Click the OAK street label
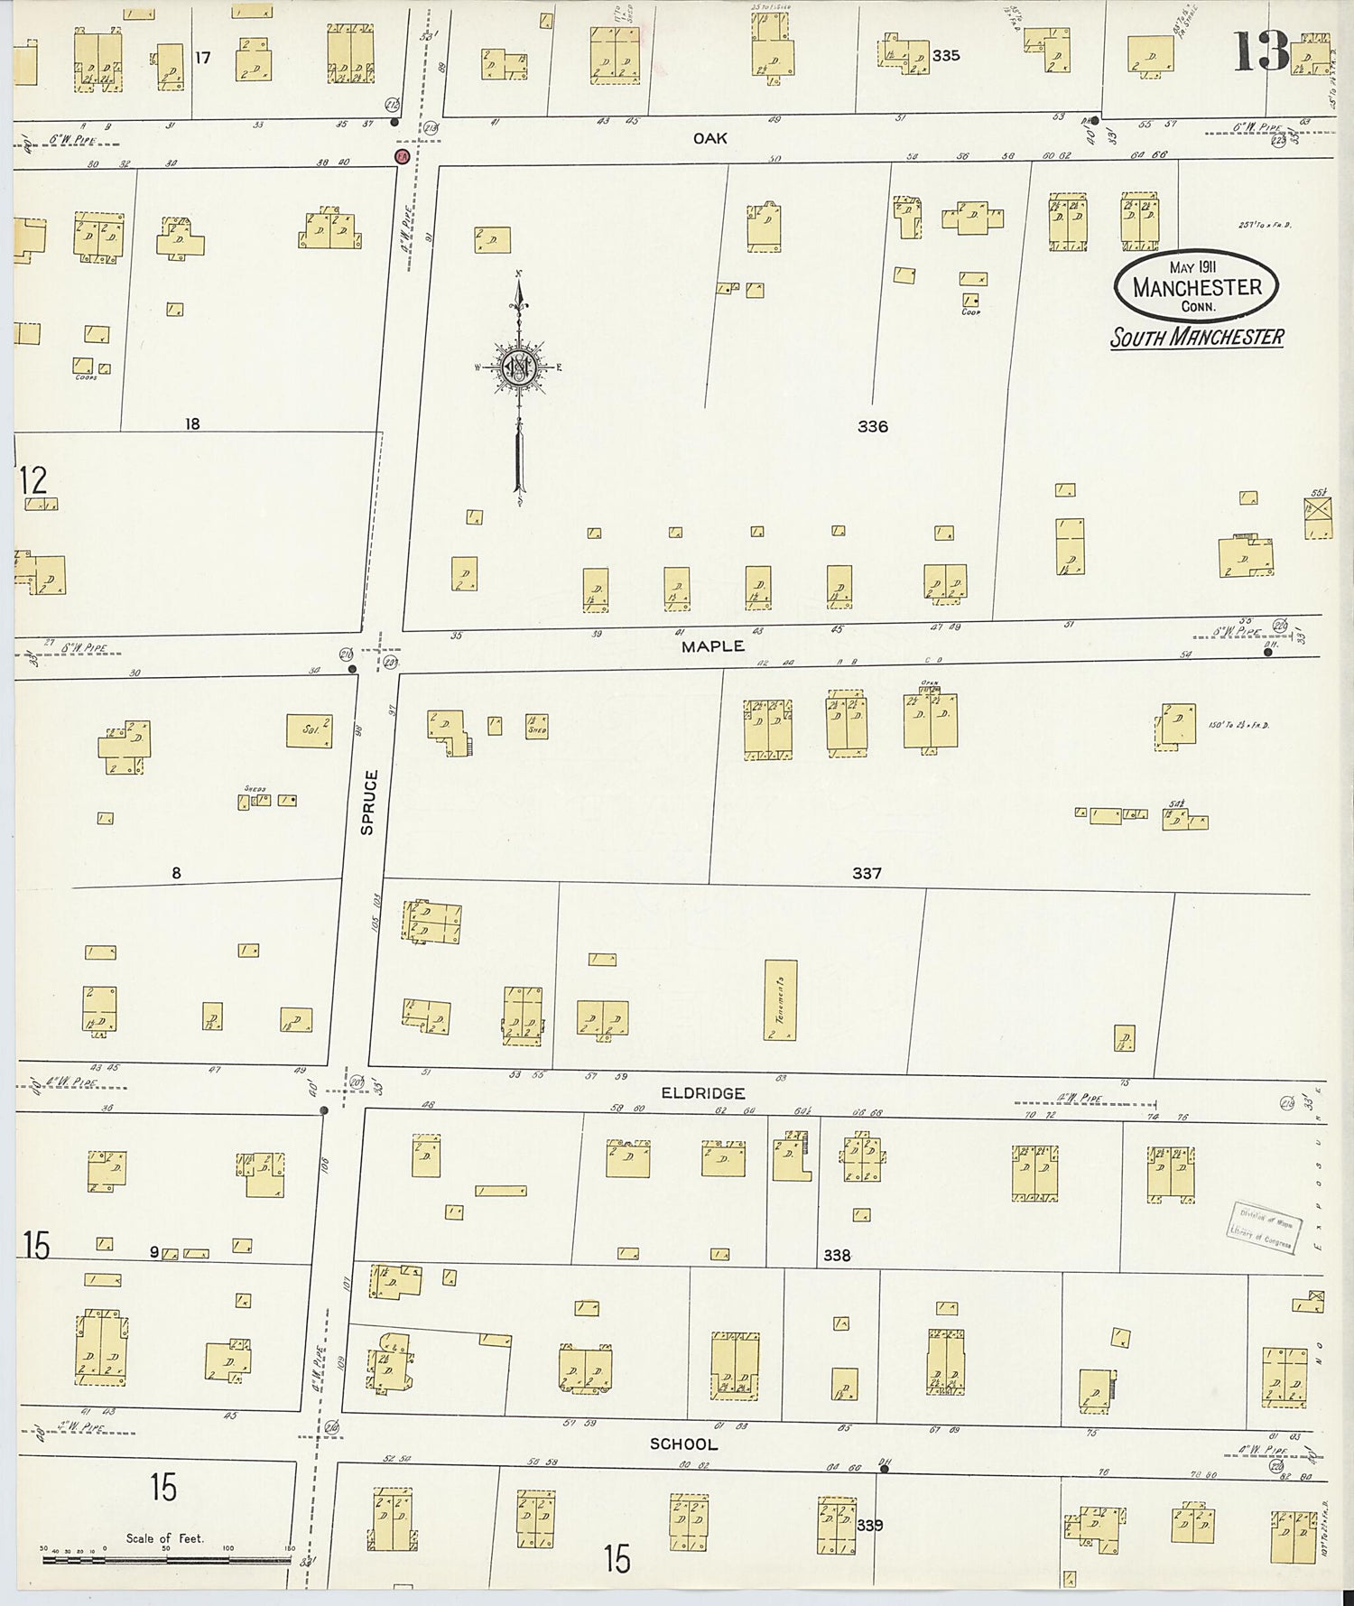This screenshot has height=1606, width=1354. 709,138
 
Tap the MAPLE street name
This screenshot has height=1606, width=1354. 713,646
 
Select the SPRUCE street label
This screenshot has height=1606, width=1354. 368,802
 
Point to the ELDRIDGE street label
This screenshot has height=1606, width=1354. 702,1093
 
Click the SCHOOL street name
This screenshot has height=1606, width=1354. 683,1444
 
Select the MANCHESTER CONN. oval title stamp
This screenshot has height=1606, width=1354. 1196,286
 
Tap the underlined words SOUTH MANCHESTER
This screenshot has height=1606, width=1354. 1196,338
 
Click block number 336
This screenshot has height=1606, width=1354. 872,426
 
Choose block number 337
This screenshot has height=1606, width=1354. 866,873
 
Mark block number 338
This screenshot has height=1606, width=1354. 836,1255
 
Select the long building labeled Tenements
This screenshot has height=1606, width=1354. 781,1000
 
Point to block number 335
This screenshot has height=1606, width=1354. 945,55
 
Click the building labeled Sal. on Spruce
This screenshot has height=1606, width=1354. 309,730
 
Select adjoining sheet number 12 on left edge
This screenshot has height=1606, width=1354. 32,480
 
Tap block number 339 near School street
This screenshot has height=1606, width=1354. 870,1525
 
